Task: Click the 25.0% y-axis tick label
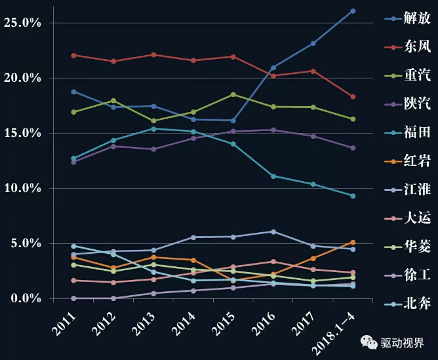[22, 22]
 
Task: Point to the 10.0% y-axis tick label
[22, 188]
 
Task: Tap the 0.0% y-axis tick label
[24, 299]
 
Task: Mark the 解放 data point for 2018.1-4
[353, 11]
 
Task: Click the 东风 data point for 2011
[73, 55]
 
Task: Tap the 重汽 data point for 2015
[233, 94]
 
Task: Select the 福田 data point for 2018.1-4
[353, 195]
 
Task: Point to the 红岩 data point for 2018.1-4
[353, 242]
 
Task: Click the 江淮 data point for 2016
[273, 231]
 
